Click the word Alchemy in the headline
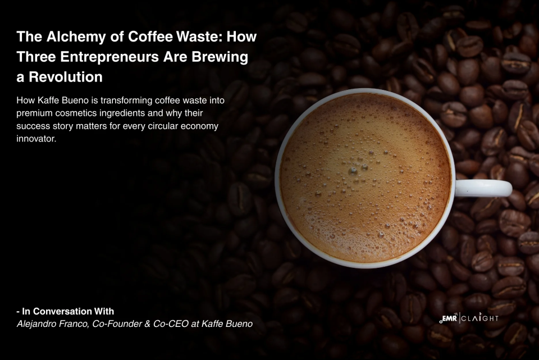68,38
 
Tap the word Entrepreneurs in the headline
104,57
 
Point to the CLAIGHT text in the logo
481,319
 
